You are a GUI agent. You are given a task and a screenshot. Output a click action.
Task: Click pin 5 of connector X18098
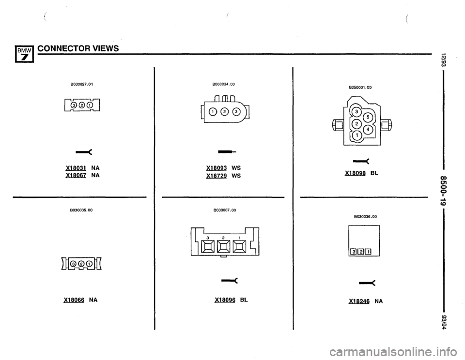[x=370, y=120]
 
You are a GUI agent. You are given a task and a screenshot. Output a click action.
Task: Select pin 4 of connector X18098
[x=370, y=130]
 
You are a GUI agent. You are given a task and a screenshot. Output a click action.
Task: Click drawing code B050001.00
[x=360, y=88]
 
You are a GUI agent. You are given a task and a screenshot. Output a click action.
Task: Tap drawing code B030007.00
[x=223, y=210]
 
